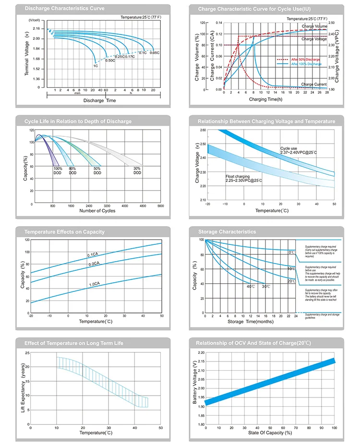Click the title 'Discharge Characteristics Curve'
[x=57, y=9]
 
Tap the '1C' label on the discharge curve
[x=95, y=65]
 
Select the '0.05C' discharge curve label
[x=155, y=53]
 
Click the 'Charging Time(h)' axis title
[x=265, y=99]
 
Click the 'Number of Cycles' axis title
[x=96, y=211]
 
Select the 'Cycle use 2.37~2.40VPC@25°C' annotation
[x=298, y=151]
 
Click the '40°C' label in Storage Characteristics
[x=251, y=287]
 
